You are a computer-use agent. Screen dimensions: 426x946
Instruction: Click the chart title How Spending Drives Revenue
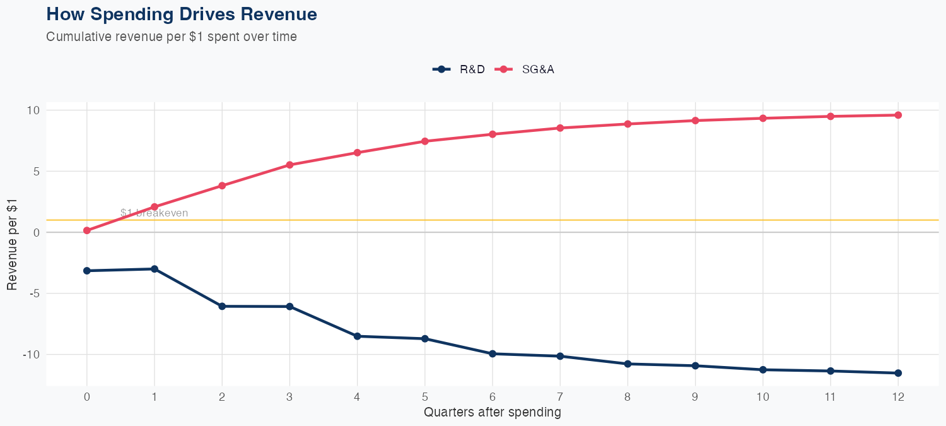[x=182, y=14]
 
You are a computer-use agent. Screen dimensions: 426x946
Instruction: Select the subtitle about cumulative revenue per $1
[x=172, y=37]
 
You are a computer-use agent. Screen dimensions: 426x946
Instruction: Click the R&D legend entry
[x=459, y=69]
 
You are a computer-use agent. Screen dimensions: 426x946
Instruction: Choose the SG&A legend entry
[x=525, y=69]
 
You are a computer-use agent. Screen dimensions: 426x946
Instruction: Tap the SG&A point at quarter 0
[x=87, y=231]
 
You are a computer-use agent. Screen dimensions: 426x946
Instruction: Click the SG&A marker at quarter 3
[x=289, y=165]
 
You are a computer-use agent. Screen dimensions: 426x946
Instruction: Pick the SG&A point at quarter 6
[x=493, y=134]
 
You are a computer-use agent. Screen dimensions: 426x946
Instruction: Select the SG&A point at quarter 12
[x=898, y=115]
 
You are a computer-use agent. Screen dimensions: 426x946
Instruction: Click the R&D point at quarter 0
[x=87, y=271]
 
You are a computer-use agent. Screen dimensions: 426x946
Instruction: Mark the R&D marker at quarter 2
[x=222, y=306]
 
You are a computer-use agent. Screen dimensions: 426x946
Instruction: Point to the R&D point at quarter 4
[x=357, y=336]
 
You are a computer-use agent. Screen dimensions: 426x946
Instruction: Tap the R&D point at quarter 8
[x=628, y=364]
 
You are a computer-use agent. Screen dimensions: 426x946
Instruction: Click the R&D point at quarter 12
[x=898, y=373]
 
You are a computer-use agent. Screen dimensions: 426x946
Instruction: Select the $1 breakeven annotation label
[x=155, y=213]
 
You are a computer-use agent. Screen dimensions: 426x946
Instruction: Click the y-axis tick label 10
[x=33, y=110]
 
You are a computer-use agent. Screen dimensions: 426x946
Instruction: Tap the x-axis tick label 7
[x=560, y=397]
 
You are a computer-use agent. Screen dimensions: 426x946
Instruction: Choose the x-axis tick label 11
[x=831, y=397]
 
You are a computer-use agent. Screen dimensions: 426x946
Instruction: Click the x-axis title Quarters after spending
[x=493, y=413]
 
